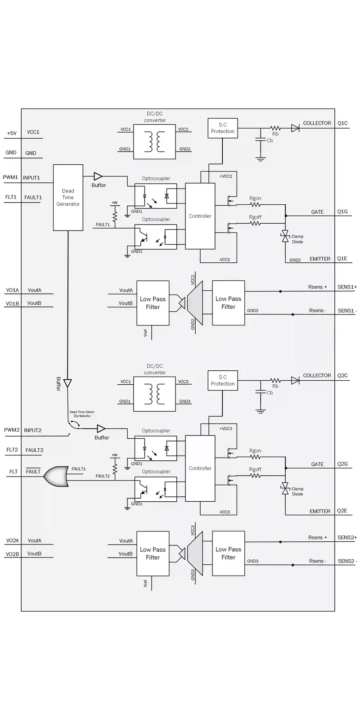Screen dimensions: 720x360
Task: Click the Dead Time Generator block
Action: pos(68,198)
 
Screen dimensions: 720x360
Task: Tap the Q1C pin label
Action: pos(342,123)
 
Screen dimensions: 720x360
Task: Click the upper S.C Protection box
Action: pos(223,128)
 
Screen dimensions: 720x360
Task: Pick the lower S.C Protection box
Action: pos(223,380)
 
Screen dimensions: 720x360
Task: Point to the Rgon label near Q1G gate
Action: pos(255,198)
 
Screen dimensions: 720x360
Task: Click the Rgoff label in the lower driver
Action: pos(255,469)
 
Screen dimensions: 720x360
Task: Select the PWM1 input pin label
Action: pos(10,177)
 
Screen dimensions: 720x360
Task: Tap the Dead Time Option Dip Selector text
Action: pos(82,414)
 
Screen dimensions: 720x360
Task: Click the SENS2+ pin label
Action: pos(347,537)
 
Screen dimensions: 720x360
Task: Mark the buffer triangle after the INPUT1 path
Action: pos(98,176)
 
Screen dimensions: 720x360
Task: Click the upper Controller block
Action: pos(200,216)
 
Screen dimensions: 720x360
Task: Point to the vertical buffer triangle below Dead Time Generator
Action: pos(67,383)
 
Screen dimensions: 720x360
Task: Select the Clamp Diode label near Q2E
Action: pos(297,491)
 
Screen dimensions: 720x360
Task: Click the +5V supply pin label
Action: pos(11,133)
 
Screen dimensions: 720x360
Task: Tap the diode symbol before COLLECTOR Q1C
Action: pos(295,128)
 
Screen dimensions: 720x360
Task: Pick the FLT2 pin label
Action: pos(12,450)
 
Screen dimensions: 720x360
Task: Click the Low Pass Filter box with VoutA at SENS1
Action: pos(153,303)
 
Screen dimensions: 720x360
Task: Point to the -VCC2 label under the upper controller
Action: pos(224,260)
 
